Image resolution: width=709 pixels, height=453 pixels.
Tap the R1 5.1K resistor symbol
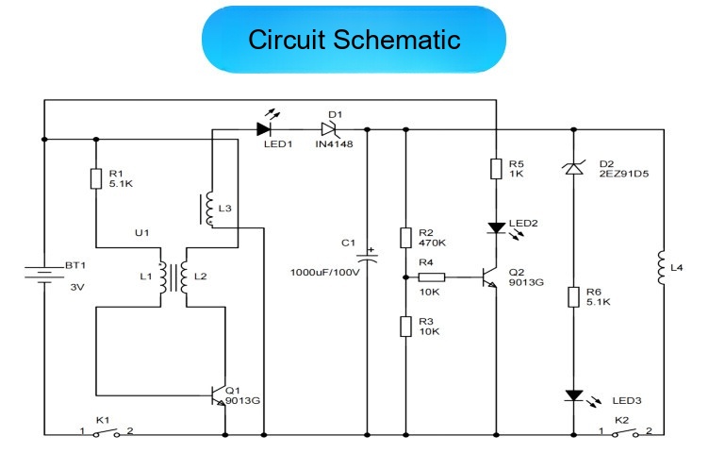96,178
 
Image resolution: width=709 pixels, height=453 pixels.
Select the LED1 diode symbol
264,129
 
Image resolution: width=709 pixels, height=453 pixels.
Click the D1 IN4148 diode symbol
329,129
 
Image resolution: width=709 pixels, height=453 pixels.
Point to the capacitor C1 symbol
367,257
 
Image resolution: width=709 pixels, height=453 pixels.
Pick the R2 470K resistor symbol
405,238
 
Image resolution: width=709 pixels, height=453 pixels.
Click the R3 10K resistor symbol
405,327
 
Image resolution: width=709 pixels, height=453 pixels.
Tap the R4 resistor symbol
432,277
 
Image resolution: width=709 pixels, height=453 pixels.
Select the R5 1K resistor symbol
496,168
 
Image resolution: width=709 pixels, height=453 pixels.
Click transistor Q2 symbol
489,277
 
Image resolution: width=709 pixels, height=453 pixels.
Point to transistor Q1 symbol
219,395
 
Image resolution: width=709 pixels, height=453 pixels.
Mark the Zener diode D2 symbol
574,168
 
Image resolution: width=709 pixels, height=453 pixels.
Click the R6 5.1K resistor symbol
574,297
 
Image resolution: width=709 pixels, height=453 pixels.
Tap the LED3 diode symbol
574,395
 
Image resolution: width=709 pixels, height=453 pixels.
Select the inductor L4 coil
661,267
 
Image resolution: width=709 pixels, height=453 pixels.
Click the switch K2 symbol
625,432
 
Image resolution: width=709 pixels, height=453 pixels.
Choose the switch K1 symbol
107,432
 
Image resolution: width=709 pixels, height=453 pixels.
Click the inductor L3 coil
209,209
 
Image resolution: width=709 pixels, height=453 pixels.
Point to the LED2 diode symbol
497,227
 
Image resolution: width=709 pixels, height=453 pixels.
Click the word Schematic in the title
397,40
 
